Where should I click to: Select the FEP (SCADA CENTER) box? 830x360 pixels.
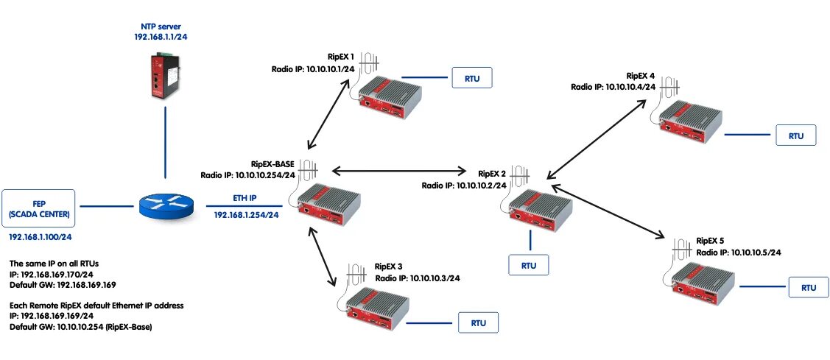coord(39,208)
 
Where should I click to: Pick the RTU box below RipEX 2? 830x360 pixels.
coord(528,264)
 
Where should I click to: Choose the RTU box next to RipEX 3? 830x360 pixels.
coord(478,322)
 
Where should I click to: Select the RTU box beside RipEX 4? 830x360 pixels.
coord(796,135)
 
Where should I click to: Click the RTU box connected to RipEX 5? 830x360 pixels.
coord(808,287)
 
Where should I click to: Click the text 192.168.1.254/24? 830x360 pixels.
coord(247,215)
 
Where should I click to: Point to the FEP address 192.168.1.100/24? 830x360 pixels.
coord(40,238)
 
